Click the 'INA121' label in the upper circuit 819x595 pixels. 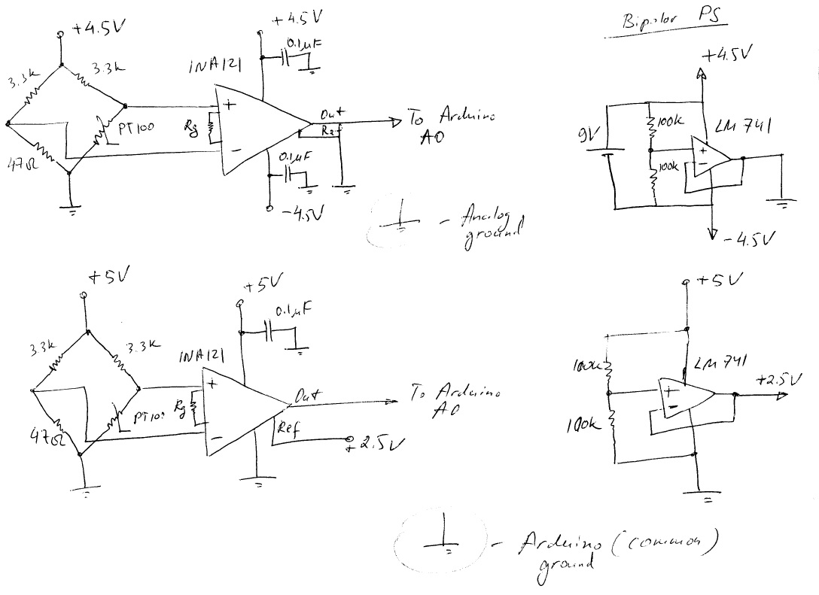[215, 68]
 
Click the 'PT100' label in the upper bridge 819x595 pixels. [135, 129]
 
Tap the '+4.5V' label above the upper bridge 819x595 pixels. [98, 29]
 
